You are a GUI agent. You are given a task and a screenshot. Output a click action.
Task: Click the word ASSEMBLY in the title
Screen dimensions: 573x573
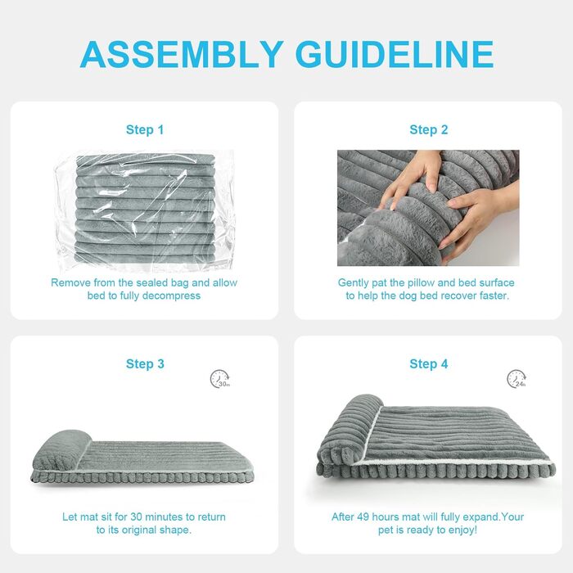(x=182, y=55)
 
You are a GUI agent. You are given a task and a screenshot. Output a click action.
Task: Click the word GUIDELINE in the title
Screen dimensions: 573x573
(x=395, y=55)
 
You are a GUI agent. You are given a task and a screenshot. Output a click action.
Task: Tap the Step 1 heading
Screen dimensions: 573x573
(x=145, y=129)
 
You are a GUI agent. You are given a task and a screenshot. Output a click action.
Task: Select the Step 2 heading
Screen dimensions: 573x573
(x=429, y=129)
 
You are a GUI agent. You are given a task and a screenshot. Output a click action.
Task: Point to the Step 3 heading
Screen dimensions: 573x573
(x=145, y=364)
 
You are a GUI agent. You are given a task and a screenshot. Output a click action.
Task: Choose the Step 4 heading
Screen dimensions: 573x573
(x=429, y=364)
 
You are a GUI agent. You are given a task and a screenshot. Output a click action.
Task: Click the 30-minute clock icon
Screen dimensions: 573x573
(x=219, y=379)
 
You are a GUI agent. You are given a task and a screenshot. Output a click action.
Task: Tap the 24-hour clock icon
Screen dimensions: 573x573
(x=517, y=379)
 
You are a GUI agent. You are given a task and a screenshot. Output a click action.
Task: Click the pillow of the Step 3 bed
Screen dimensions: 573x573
(x=61, y=449)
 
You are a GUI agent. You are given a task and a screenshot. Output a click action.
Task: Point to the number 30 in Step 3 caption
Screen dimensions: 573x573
(x=136, y=517)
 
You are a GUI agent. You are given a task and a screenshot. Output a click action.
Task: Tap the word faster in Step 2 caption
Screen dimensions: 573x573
(x=494, y=296)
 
